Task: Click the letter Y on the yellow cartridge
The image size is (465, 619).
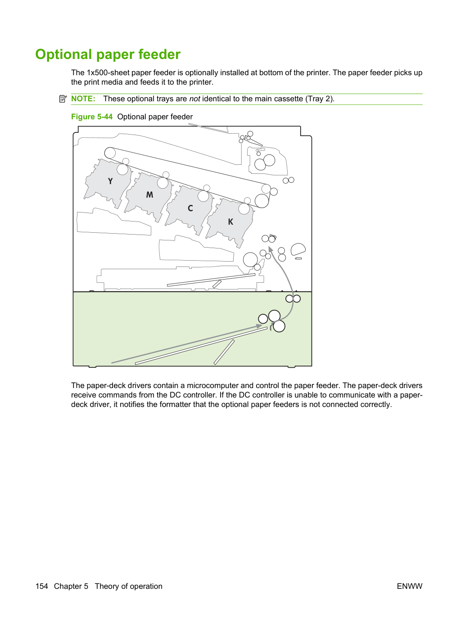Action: coord(110,181)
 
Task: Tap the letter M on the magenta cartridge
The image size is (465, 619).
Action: coord(149,194)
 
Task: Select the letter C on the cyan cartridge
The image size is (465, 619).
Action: coord(190,208)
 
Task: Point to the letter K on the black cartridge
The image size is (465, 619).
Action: coord(230,221)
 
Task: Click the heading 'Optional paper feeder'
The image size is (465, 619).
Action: coord(108,54)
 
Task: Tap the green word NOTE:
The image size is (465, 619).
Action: coord(83,99)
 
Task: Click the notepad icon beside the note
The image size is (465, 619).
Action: coord(63,99)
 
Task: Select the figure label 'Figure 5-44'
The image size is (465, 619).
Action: coord(92,117)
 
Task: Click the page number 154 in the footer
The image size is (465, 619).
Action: coord(41,586)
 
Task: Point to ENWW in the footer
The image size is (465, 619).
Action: coord(410,586)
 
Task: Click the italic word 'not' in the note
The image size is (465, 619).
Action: coord(194,99)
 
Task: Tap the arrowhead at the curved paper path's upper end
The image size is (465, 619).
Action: coord(270,249)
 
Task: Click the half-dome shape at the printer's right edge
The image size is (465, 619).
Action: coord(298,249)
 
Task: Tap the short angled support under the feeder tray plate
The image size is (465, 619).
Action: coord(224,352)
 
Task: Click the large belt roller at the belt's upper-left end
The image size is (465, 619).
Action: coord(110,153)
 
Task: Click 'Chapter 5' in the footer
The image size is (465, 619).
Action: coord(71,586)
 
